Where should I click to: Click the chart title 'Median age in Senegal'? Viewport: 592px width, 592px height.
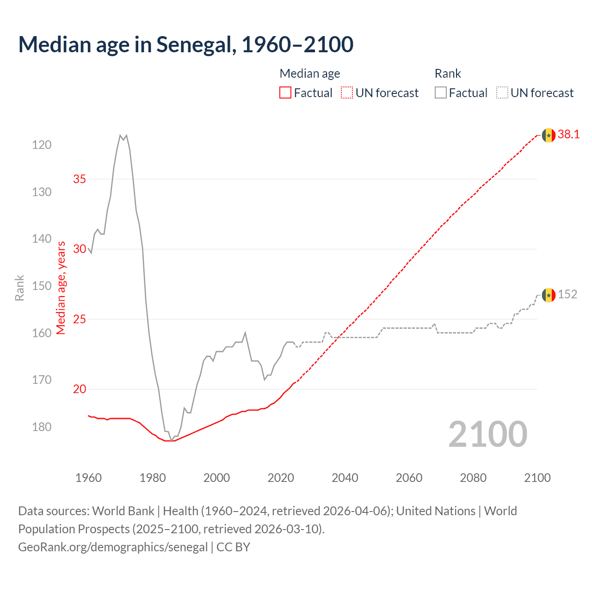[185, 45]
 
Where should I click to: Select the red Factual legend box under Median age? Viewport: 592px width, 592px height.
[285, 93]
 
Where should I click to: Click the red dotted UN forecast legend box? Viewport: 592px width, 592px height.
[347, 93]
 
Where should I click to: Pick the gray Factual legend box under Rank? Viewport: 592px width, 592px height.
[440, 93]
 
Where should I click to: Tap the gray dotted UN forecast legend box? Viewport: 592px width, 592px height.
[502, 93]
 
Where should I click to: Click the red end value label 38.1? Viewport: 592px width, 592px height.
[568, 135]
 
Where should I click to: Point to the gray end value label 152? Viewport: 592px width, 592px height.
[567, 295]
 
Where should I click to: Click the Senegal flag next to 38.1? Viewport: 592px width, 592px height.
[549, 135]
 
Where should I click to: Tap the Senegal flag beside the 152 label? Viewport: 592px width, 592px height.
[549, 295]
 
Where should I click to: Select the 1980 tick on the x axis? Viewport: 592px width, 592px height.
[153, 478]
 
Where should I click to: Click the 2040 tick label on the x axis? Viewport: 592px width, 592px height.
[345, 478]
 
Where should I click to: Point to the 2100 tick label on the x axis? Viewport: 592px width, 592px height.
[537, 478]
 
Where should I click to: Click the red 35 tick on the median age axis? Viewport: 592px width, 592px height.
[80, 179]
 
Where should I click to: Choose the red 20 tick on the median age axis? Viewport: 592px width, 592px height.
[80, 389]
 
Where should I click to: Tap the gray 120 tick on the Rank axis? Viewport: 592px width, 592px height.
[42, 145]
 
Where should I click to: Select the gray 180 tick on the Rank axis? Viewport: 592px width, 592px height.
[42, 427]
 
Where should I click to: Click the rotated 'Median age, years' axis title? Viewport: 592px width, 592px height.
[61, 288]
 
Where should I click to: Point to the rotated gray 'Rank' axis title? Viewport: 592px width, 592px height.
[19, 288]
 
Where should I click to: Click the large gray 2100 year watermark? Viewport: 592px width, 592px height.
[487, 434]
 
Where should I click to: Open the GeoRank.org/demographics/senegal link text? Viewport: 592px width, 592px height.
[113, 547]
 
